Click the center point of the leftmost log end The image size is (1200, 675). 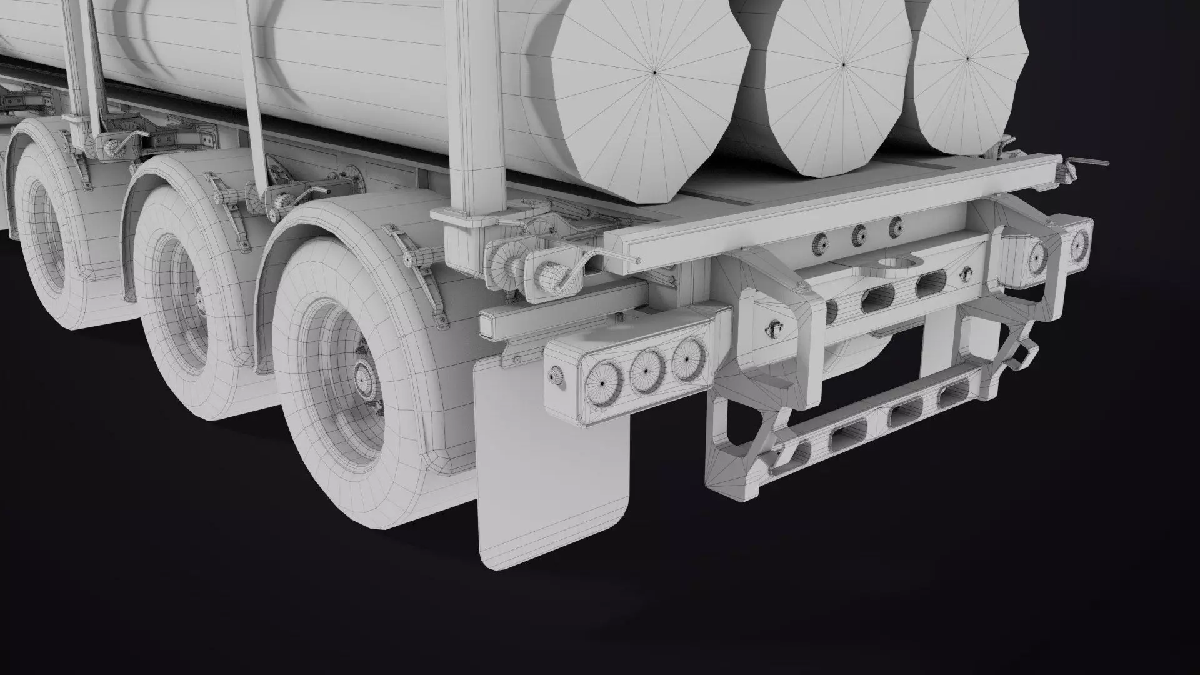coord(654,73)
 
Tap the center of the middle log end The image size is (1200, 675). coord(843,63)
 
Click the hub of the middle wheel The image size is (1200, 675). coord(199,301)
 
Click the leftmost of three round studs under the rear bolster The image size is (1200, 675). coord(819,245)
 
